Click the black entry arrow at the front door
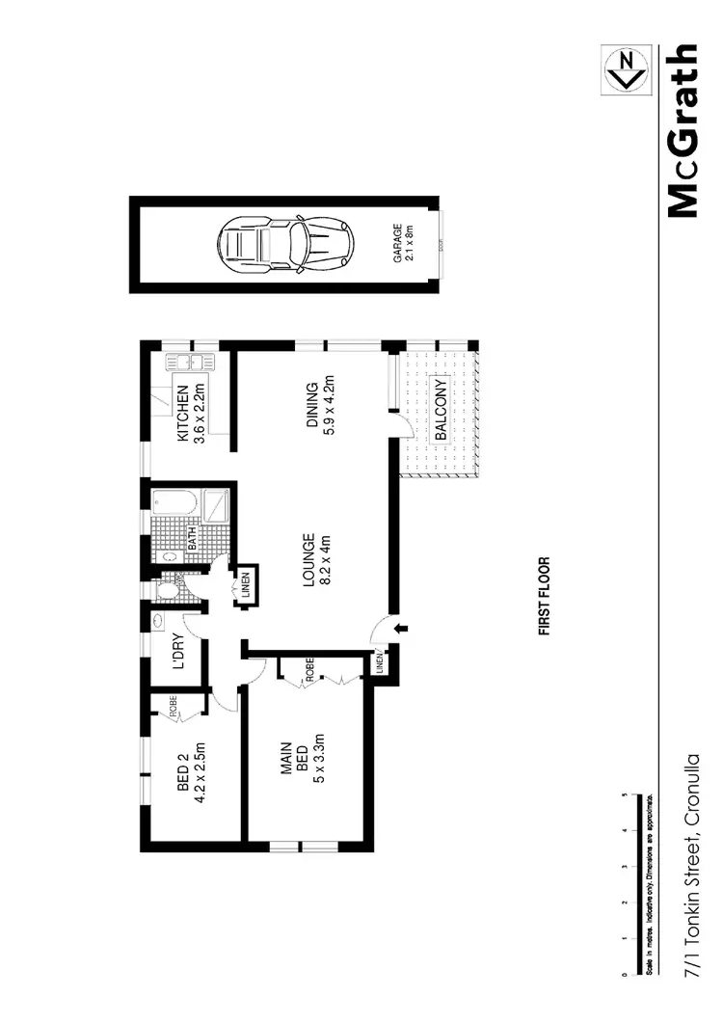click(402, 629)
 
